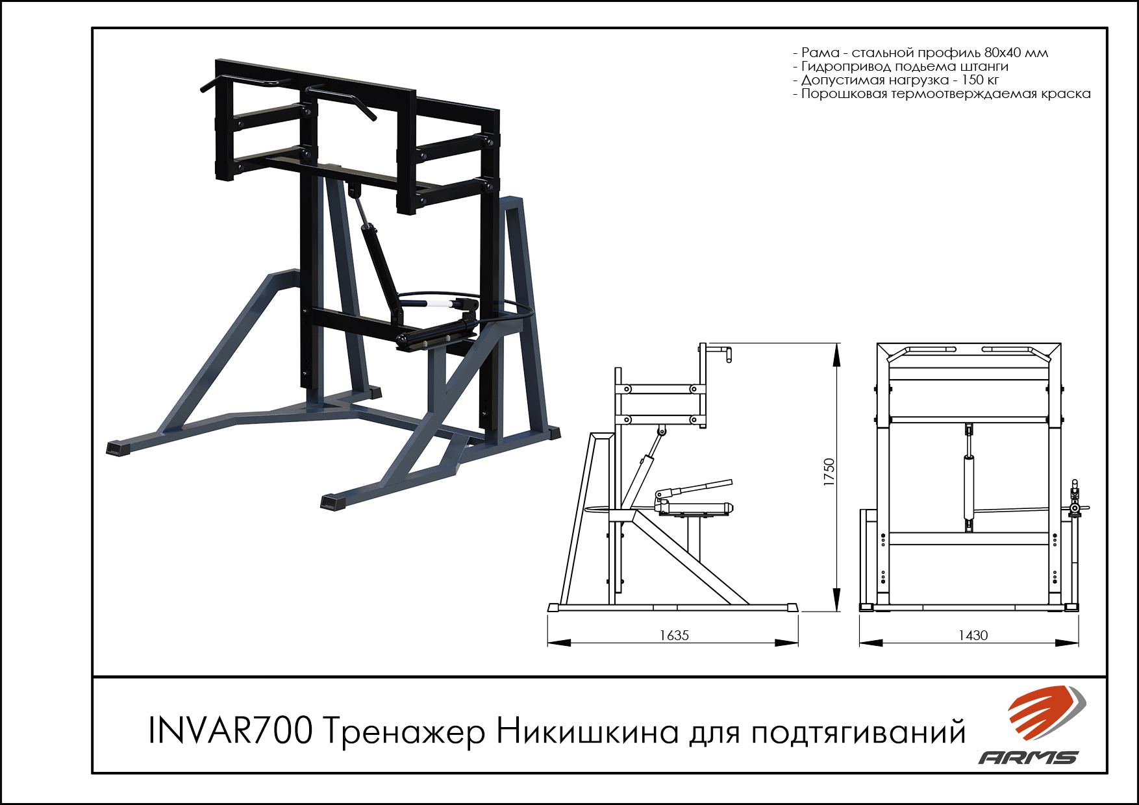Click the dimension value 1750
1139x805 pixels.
click(829, 473)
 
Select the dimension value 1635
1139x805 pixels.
click(674, 636)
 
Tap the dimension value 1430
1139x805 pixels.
click(973, 636)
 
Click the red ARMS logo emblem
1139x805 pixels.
click(1046, 712)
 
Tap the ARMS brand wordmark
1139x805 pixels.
click(1028, 758)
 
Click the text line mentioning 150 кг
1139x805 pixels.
click(896, 80)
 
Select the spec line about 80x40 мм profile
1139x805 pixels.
click(920, 53)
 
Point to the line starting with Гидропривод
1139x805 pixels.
click(901, 66)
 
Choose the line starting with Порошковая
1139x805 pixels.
click(942, 93)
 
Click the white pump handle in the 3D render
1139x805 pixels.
click(440, 302)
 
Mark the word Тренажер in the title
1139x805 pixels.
click(403, 732)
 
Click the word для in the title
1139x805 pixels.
click(714, 734)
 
